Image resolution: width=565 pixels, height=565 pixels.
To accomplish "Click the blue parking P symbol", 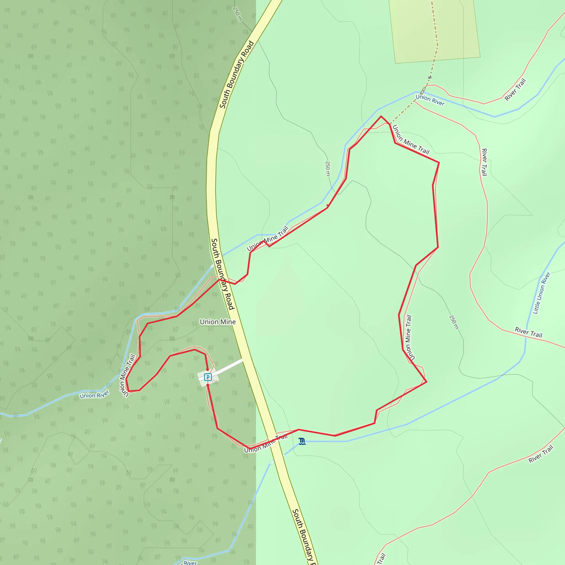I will pos(208,377).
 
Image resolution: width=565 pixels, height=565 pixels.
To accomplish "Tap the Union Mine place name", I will pos(218,322).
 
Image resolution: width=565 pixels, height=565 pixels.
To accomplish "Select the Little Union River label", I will pos(542,293).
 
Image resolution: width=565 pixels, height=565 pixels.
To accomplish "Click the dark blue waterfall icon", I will pos(302,441).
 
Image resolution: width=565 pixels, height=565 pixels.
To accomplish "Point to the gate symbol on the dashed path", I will pos(430,78).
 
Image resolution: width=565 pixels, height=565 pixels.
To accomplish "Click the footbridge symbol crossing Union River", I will pos(423,91).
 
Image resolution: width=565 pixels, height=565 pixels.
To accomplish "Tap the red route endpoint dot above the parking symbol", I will pos(207,370).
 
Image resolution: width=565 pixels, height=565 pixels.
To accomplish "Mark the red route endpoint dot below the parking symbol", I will pos(208,385).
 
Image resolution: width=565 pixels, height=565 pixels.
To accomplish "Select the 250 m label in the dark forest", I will pos(238,14).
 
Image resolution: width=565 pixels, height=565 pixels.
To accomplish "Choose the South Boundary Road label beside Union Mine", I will pos(223,274).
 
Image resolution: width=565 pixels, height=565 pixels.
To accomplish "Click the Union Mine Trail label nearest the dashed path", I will pos(411,140).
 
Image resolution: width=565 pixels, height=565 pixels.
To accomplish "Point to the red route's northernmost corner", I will pos(381,116).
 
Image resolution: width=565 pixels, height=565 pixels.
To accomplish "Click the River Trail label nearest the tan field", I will pos(515,90).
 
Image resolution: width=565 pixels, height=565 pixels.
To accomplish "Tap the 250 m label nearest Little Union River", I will pos(453,322).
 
